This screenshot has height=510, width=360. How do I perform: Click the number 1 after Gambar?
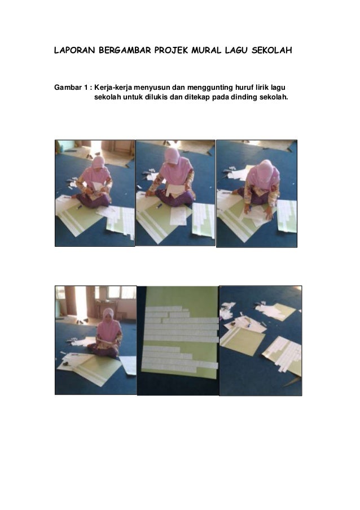tap(86, 88)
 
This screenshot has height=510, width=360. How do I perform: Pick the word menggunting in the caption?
tap(210, 88)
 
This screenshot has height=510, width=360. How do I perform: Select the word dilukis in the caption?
tap(157, 97)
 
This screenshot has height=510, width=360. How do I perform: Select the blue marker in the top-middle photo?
tap(160, 206)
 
